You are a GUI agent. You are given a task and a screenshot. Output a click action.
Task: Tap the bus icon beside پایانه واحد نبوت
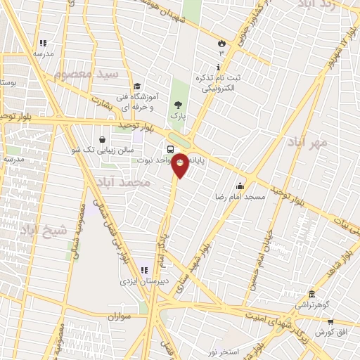[x=171, y=149]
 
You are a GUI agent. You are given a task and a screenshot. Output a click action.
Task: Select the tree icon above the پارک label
[x=177, y=104]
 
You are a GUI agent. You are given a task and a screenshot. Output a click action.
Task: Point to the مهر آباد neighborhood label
[x=307, y=143]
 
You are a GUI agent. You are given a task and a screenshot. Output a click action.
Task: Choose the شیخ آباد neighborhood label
[x=43, y=229]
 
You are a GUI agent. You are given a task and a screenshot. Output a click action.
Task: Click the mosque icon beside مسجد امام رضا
[x=240, y=186]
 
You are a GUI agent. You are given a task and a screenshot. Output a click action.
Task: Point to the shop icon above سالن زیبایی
[x=103, y=139]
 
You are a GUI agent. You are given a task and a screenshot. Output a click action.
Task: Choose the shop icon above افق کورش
[x=330, y=321]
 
